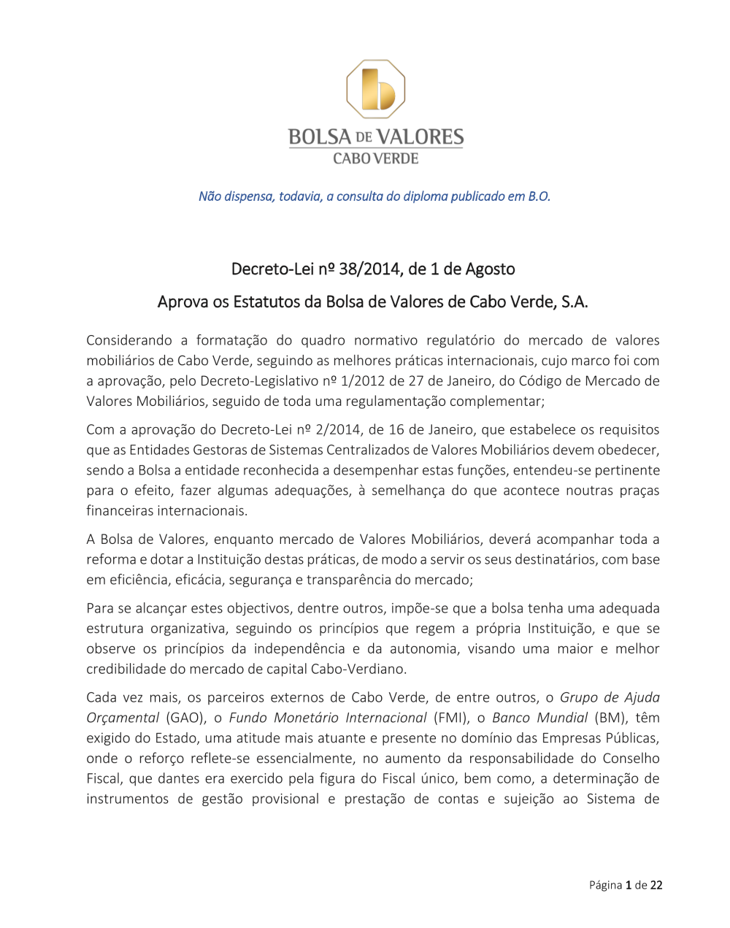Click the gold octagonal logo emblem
375,89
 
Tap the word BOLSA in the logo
320,137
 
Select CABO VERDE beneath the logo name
376,158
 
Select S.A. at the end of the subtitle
574,302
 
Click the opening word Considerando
129,340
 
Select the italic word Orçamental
122,718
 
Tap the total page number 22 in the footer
656,885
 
